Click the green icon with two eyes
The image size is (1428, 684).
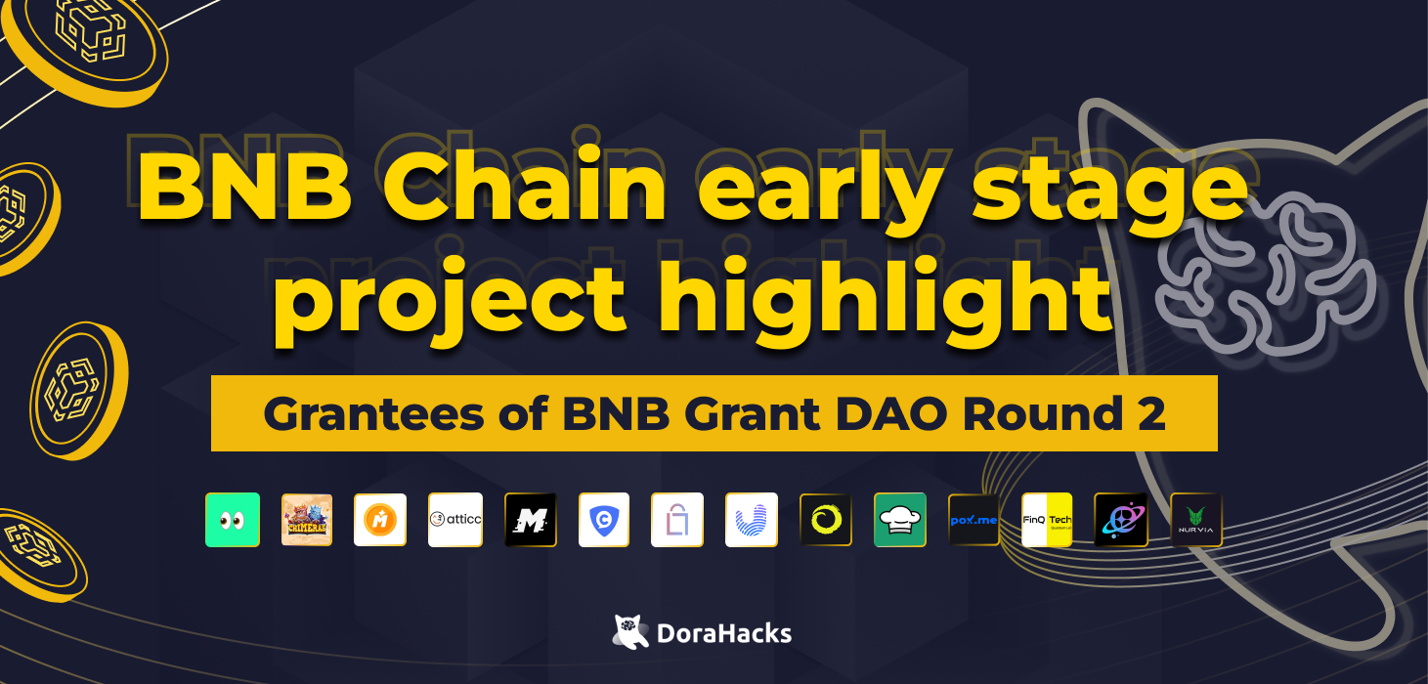233,520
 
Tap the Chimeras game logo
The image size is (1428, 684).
307,520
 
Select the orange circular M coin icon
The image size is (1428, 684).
380,520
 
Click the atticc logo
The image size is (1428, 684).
455,520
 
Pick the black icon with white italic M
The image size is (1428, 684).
531,520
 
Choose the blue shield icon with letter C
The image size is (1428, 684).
604,520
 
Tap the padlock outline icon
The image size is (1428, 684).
677,520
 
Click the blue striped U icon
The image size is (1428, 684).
752,520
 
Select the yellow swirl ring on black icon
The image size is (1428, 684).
826,520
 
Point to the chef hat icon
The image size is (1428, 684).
900,520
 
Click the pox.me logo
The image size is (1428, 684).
974,520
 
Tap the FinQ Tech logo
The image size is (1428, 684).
1047,520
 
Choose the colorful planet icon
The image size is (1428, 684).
1120,520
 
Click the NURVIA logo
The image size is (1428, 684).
1196,520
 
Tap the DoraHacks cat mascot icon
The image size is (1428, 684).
631,631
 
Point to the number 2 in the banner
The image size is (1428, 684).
1150,414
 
